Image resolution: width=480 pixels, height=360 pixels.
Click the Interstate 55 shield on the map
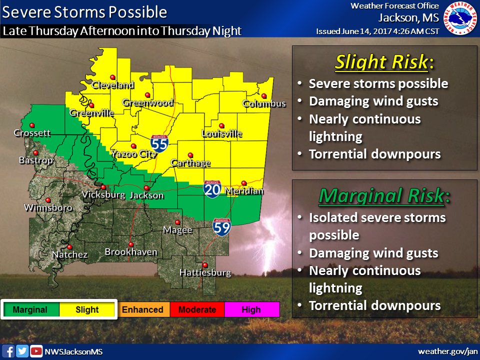(x=159, y=143)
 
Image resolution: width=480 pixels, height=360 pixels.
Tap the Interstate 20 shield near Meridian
(x=211, y=189)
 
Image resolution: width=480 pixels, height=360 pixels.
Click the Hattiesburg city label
(x=205, y=273)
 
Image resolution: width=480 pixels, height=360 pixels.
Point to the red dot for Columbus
(x=264, y=96)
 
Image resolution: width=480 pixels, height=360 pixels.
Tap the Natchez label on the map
(x=69, y=255)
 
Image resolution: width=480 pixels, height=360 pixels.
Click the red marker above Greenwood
(x=147, y=95)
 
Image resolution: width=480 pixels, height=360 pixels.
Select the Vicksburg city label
(x=103, y=194)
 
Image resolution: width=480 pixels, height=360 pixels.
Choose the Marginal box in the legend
(x=30, y=309)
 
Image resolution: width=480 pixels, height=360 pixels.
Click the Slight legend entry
(x=87, y=309)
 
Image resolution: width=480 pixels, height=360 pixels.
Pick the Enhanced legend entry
(x=143, y=309)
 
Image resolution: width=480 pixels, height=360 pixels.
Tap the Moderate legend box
(x=197, y=309)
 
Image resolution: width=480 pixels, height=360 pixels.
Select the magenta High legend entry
(x=251, y=309)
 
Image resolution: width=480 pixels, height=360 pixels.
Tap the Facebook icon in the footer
(x=9, y=351)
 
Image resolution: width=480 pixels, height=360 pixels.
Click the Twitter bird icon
(x=22, y=351)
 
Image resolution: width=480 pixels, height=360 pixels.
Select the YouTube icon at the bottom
(x=36, y=351)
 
